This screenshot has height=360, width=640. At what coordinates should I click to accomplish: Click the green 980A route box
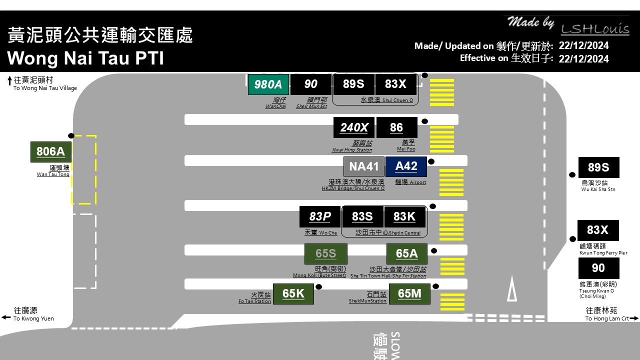[x=268, y=84]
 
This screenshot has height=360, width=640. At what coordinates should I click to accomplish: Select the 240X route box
[x=354, y=127]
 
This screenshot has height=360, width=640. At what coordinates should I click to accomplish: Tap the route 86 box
[x=396, y=127]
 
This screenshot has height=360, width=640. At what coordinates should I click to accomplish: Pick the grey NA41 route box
[x=364, y=166]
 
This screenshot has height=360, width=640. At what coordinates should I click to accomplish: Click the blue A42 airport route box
[x=406, y=166]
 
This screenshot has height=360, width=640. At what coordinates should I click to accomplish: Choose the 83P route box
[x=320, y=216]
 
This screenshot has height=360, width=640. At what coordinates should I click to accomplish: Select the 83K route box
[x=404, y=216]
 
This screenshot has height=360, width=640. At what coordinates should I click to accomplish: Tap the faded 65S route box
[x=326, y=253]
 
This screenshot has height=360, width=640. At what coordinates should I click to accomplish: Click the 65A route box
[x=407, y=253]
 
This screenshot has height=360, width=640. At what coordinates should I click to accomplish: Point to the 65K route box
[x=293, y=293]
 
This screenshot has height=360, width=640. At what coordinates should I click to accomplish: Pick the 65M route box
[x=409, y=293]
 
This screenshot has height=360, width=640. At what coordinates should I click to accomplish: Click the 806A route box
[x=51, y=151]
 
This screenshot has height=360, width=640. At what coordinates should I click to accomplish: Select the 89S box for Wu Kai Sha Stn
[x=598, y=167]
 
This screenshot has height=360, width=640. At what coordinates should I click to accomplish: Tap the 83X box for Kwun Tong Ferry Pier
[x=598, y=230]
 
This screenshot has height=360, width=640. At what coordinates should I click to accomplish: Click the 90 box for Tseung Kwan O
[x=598, y=268]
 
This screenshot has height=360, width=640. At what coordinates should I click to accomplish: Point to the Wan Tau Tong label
[x=53, y=171]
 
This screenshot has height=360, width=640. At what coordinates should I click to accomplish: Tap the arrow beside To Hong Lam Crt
[x=634, y=318]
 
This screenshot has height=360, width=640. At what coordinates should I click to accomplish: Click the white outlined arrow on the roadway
[x=512, y=290]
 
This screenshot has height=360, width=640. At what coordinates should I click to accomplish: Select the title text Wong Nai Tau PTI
[x=85, y=58]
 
